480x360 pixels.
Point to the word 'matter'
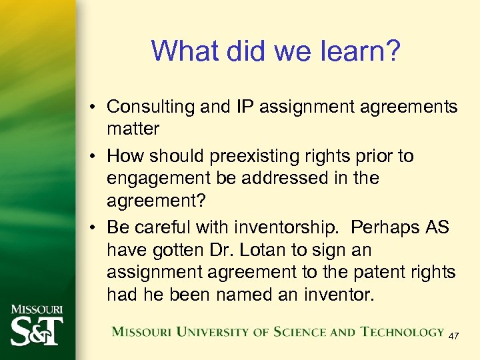click(133, 128)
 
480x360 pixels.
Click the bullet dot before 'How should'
click(94, 157)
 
